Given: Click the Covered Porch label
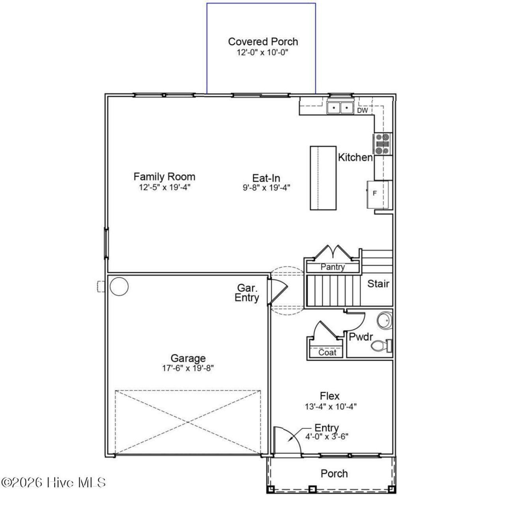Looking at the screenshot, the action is point(263,42).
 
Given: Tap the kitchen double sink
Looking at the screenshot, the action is point(340,107).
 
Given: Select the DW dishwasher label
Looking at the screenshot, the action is point(363,110).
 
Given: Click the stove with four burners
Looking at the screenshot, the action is point(382,144).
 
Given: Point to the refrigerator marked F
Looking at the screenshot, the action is point(379,195).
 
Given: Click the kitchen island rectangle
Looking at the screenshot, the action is point(323,178).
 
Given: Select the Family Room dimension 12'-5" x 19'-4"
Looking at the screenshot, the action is point(164,187).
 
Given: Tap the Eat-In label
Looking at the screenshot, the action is point(266,178).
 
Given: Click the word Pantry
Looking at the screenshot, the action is point(333,267).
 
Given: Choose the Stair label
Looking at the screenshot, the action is point(378,284).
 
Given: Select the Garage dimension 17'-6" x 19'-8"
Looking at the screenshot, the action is point(188,368).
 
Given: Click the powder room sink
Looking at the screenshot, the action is point(384,320).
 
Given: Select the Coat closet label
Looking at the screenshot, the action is point(327,352).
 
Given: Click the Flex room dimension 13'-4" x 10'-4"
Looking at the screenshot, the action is point(331,407).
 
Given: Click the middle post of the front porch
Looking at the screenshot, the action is point(312,489).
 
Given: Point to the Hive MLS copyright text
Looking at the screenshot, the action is point(53,482).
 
